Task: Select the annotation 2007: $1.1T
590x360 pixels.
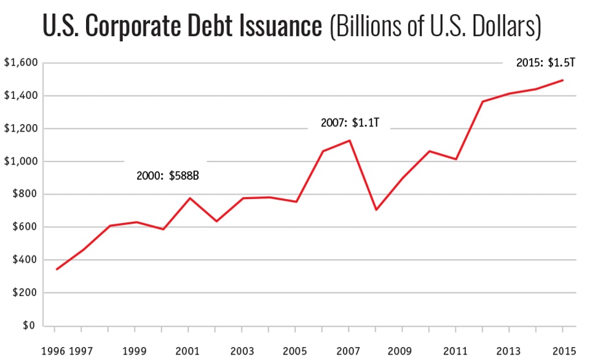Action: coord(350,123)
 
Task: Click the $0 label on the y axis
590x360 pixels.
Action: coord(29,326)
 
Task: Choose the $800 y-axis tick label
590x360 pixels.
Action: coord(25,194)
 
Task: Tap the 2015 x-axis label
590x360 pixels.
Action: coord(563,351)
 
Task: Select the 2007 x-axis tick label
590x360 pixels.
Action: coord(350,351)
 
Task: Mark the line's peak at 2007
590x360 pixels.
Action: coord(350,141)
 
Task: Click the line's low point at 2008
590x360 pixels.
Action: coord(376,210)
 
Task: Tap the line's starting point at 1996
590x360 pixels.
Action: coord(57,269)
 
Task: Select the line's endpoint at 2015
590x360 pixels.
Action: coord(563,80)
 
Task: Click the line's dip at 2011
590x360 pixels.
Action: coord(456,159)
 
